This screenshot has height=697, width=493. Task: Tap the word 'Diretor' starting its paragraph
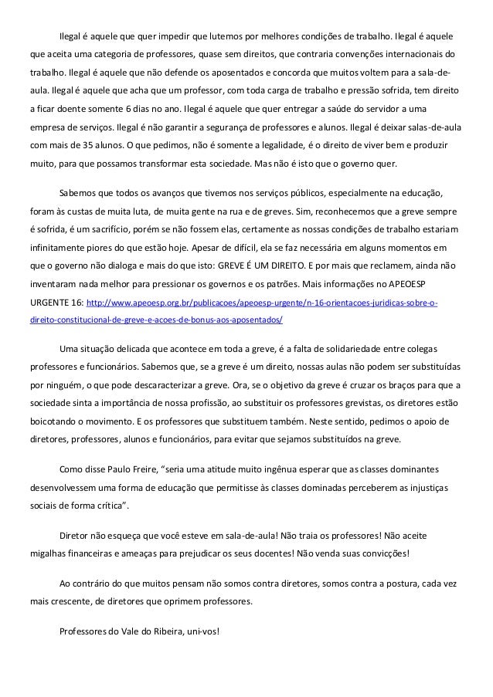pyautogui.click(x=75, y=535)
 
